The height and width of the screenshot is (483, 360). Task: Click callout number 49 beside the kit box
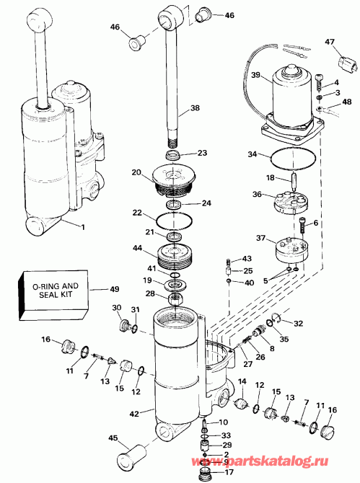[115, 291]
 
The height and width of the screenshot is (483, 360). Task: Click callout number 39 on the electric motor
[255, 75]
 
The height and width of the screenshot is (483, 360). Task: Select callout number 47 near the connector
[330, 43]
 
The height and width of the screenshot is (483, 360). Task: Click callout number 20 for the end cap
[136, 172]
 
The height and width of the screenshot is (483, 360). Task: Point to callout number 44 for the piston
[136, 248]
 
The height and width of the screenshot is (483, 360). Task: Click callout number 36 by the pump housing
[256, 193]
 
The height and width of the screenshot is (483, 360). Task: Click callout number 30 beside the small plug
[115, 309]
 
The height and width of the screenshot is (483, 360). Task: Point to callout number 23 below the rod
[202, 153]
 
